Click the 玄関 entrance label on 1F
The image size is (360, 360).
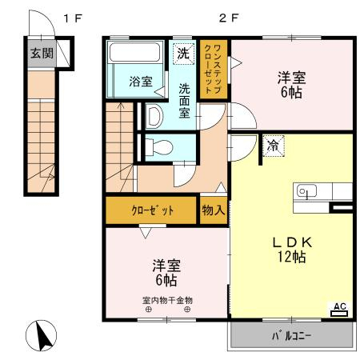coord(42,54)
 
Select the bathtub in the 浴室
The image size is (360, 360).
coord(134,52)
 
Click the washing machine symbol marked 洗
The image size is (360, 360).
coord(183,54)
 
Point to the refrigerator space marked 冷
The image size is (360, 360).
coord(274,146)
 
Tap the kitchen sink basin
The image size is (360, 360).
coord(306,191)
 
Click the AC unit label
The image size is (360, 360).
coord(340,310)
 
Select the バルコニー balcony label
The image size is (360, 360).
coord(291,336)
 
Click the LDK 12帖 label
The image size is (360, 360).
coord(292,250)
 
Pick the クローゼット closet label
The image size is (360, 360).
coord(152,210)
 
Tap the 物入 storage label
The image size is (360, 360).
coord(214,210)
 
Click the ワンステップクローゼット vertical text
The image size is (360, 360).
coord(213,69)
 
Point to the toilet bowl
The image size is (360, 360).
coord(159,147)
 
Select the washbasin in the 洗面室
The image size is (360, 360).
coord(154,116)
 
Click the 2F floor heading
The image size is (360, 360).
coord(229,18)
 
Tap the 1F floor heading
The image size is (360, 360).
coord(73,18)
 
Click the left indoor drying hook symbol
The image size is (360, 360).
coord(149,310)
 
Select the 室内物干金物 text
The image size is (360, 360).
coord(167,301)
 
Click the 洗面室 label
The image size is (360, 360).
coord(184,101)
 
